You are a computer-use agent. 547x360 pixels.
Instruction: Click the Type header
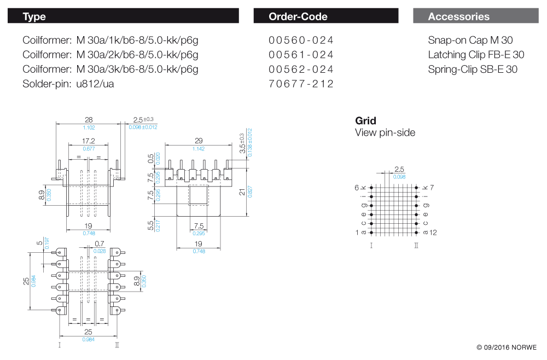point(34,16)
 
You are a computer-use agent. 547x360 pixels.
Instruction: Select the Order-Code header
point(298,16)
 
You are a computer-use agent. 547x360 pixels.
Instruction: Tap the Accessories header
point(458,16)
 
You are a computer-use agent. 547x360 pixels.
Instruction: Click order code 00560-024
point(301,40)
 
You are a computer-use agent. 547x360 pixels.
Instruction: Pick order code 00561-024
point(301,55)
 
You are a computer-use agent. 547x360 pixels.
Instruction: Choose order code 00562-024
point(301,69)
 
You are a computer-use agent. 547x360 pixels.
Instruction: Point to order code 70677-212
point(301,84)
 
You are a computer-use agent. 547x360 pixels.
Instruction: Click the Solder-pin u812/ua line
point(68,84)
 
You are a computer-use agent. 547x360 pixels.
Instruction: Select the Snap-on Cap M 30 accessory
point(470,40)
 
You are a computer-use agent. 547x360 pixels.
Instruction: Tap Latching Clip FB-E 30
point(476,55)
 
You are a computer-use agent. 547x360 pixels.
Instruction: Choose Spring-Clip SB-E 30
point(473,69)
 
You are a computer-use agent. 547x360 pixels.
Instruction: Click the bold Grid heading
point(365,121)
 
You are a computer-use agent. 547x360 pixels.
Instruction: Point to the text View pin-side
point(385,132)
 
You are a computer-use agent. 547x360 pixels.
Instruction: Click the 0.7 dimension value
point(100,243)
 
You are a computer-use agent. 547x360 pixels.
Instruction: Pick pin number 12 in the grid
point(433,233)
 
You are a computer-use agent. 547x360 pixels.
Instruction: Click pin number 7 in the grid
point(432,188)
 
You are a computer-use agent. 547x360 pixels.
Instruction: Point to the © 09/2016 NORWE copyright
point(507,347)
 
